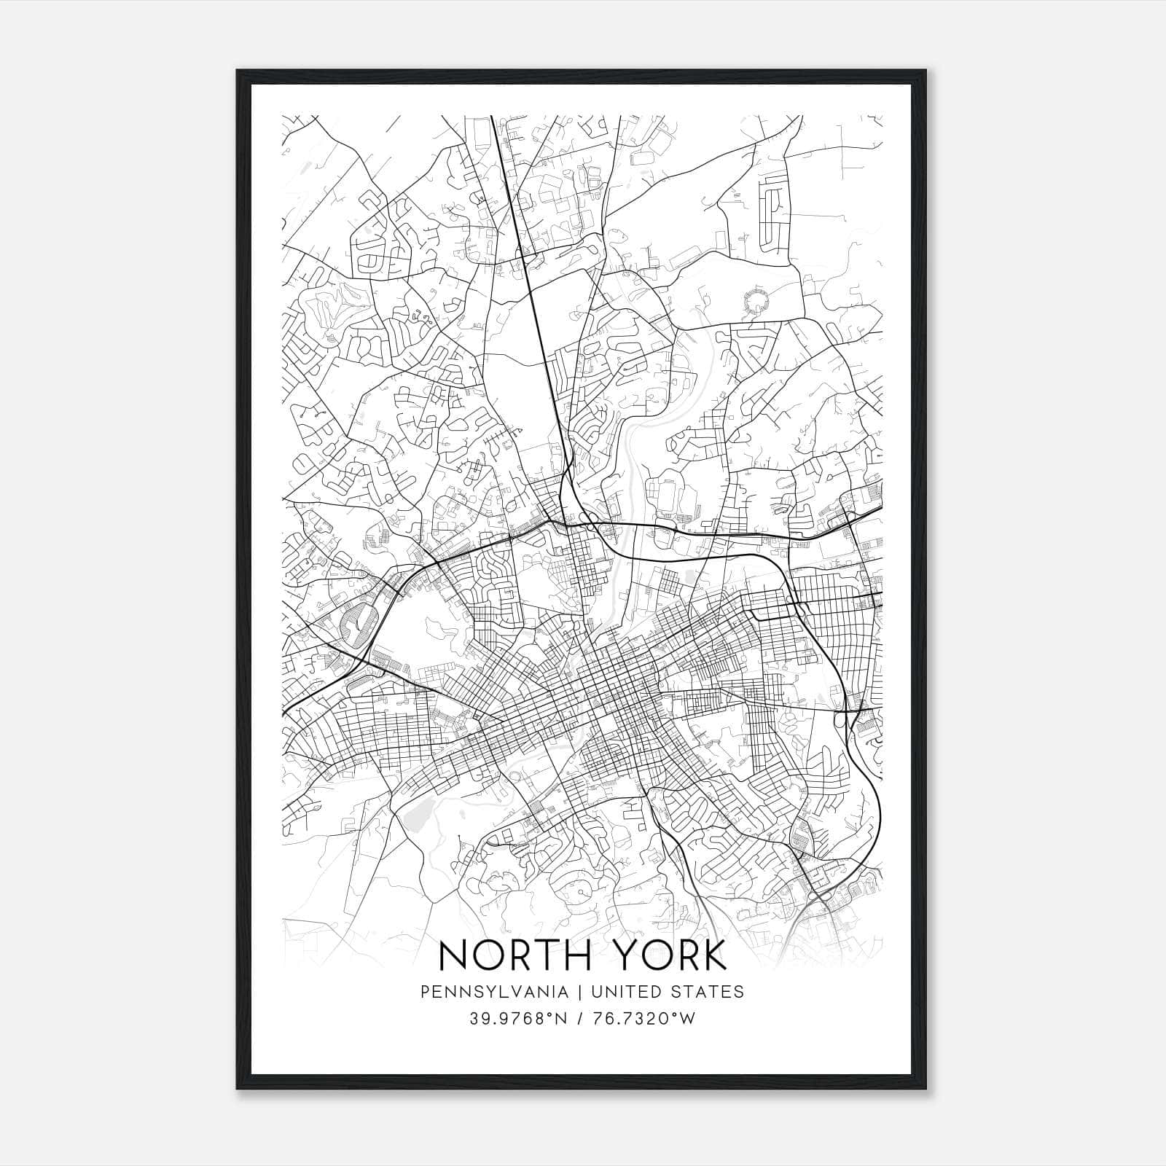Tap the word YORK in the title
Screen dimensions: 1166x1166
tap(679, 955)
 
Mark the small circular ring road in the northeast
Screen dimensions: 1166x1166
tap(756, 302)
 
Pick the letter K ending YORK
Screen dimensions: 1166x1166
tap(713, 955)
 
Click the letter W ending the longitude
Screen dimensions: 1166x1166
tap(688, 1018)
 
